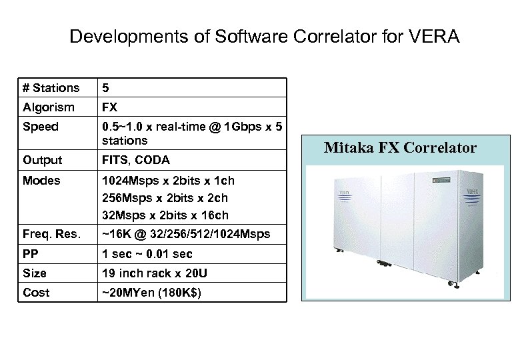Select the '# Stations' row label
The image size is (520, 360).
coord(51,87)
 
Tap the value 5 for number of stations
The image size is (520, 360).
coord(105,87)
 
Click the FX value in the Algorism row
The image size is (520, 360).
coord(109,107)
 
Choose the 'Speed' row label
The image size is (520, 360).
coord(41,127)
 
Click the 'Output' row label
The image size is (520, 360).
coord(42,160)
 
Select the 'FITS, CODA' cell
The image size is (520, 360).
coord(135,160)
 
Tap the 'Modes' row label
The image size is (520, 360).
coord(41,181)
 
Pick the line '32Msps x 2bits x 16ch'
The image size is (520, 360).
coord(165,215)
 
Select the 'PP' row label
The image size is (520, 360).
coord(30,254)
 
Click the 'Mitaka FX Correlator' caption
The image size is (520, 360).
coord(400,147)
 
